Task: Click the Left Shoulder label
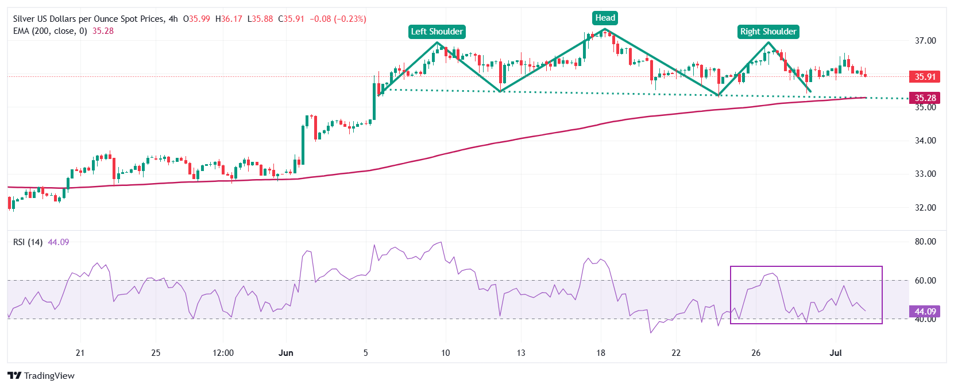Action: click(x=437, y=32)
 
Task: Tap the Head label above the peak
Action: click(x=605, y=18)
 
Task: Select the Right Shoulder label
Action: click(x=768, y=32)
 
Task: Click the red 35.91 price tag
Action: click(x=925, y=76)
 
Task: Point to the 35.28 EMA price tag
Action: click(x=925, y=98)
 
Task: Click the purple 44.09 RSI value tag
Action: click(x=925, y=311)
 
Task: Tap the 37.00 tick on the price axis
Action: click(x=925, y=41)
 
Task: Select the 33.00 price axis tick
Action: click(x=925, y=174)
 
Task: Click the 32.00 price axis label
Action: click(x=925, y=208)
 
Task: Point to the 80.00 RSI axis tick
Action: click(x=925, y=242)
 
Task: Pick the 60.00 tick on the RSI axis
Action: click(x=925, y=281)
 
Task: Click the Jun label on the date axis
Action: click(x=285, y=352)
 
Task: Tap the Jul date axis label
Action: click(x=836, y=352)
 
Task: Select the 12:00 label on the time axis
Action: click(x=223, y=352)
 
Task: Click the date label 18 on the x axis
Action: click(x=600, y=352)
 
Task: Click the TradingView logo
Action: click(x=41, y=375)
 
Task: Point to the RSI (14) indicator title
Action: click(x=28, y=242)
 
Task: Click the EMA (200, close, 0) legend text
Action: click(x=50, y=31)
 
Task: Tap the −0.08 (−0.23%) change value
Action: click(x=338, y=19)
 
